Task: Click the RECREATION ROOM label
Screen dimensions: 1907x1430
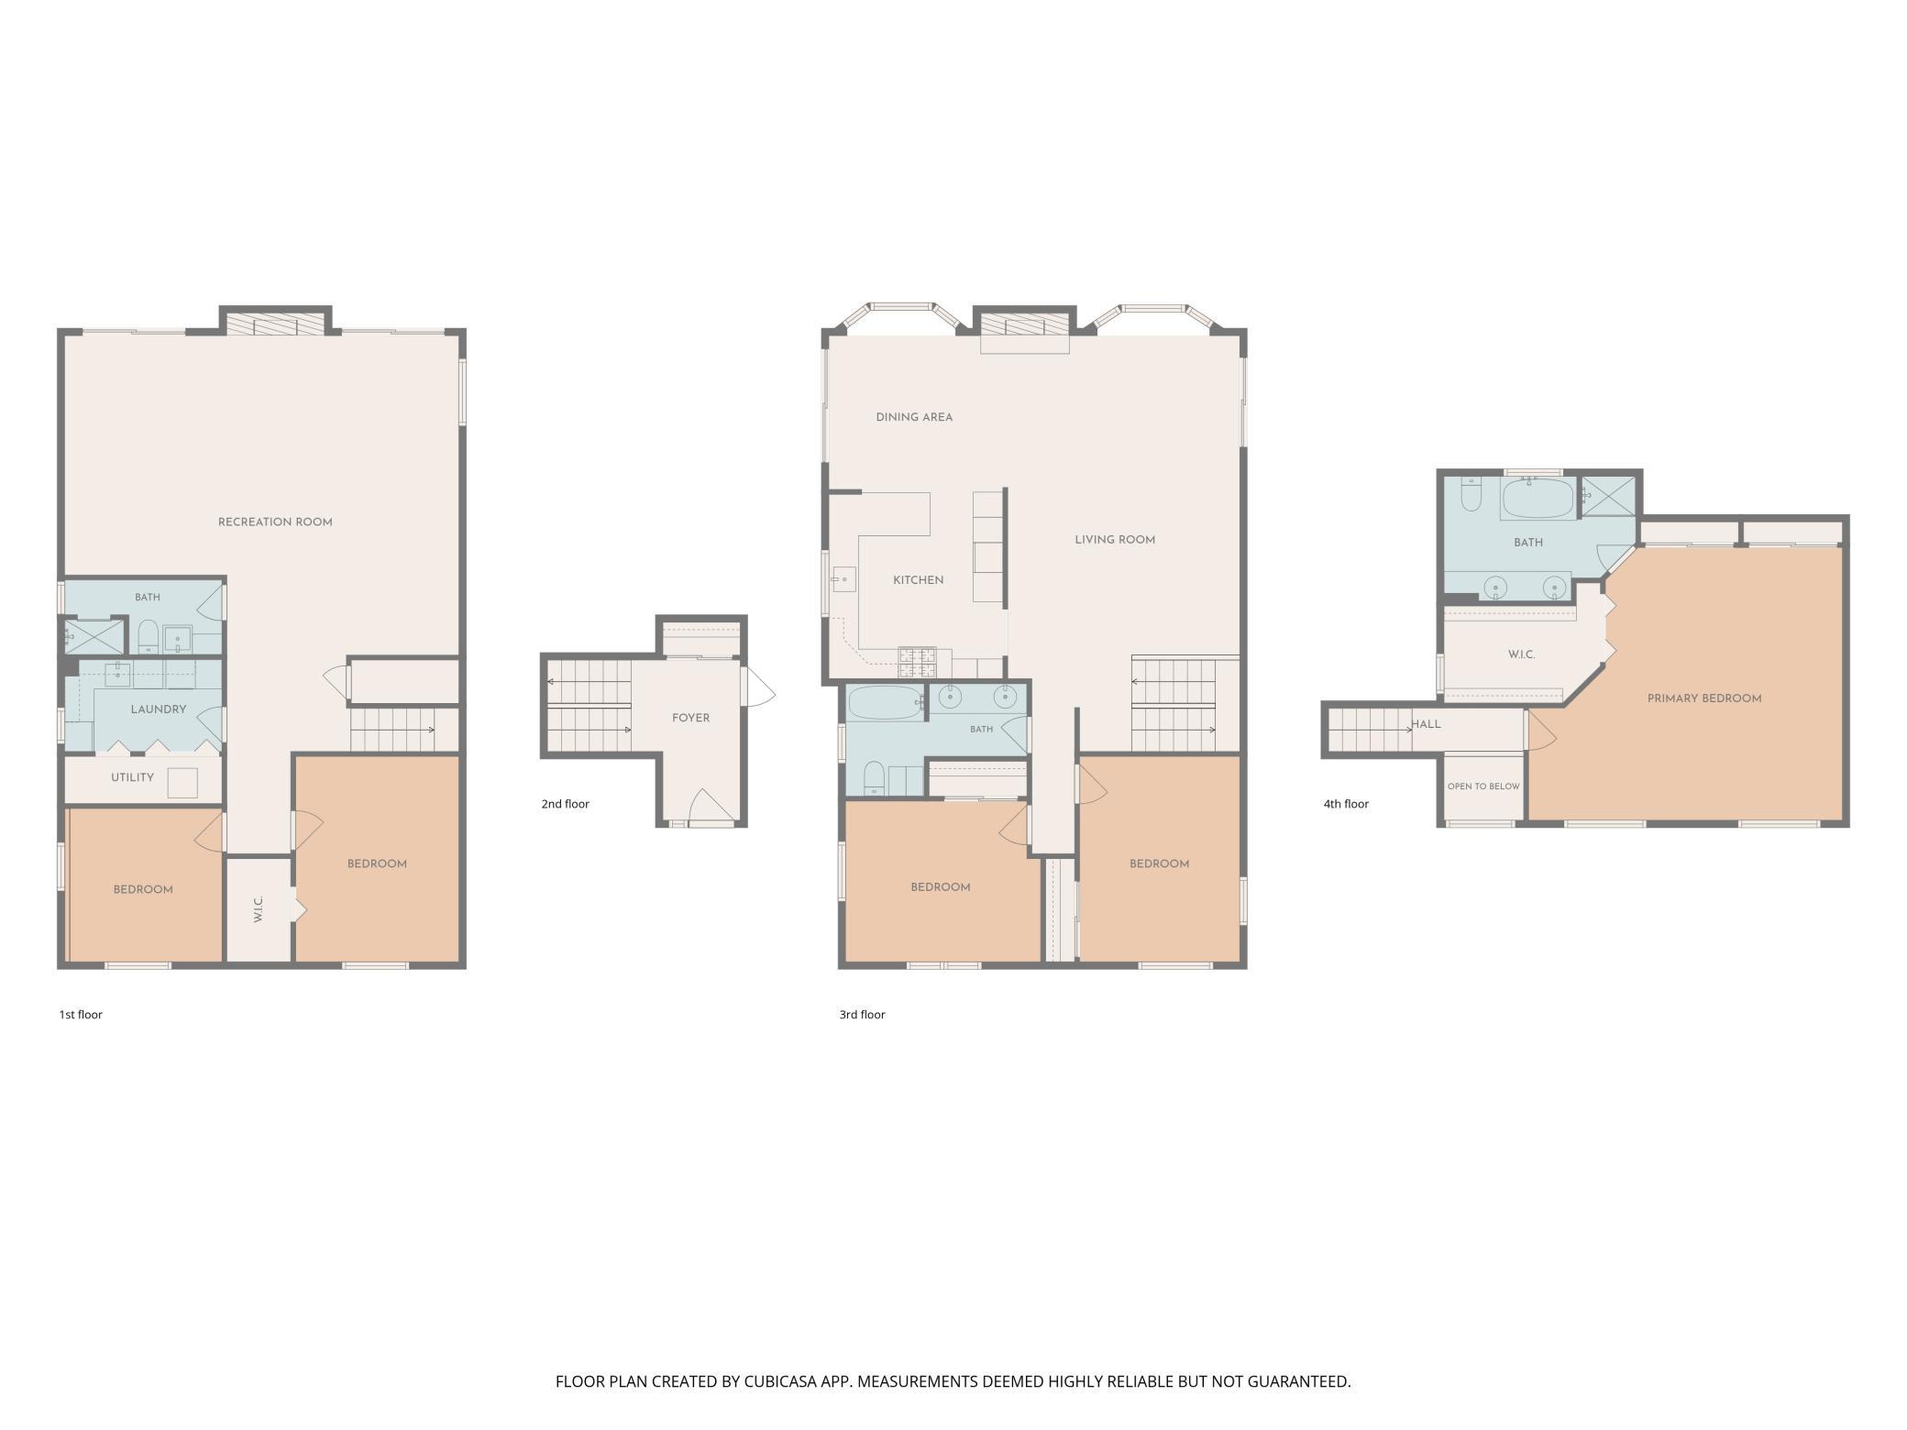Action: coord(275,522)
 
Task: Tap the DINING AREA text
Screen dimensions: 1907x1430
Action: coord(914,417)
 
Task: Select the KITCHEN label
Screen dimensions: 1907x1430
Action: coord(919,580)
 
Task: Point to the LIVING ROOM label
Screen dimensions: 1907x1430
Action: coord(1115,540)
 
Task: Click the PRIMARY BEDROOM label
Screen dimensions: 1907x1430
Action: coord(1704,698)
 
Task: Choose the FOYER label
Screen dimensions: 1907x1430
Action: coord(691,718)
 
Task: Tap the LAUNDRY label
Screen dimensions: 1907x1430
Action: coord(159,709)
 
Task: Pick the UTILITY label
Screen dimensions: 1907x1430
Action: coord(133,777)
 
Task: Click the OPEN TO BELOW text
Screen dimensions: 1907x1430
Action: coord(1483,786)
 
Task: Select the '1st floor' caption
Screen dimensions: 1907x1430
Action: coord(81,1015)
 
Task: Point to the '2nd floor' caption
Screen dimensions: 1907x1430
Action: coord(565,804)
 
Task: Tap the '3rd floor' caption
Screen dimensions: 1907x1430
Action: coord(862,1015)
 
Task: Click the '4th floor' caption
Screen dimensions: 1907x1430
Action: coord(1346,804)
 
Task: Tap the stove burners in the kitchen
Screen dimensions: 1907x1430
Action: coord(918,655)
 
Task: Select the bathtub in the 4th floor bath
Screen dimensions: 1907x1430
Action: coord(1538,500)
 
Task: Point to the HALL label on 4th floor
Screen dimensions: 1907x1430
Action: coord(1426,724)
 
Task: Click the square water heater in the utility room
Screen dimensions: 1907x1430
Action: coord(182,783)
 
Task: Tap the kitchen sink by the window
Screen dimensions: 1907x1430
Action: coord(843,580)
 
